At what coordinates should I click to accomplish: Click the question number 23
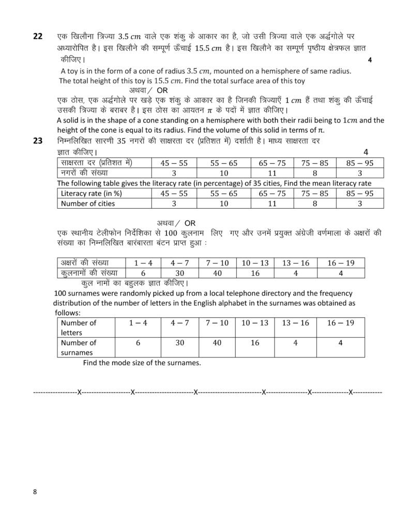(38, 140)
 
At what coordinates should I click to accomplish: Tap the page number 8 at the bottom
(35, 492)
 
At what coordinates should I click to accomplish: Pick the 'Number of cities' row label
(88, 204)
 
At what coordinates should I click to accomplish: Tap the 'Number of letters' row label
(79, 328)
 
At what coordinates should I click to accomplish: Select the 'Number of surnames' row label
(79, 347)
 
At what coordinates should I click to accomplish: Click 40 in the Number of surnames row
(217, 343)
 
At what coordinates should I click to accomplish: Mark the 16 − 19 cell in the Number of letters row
(341, 322)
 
